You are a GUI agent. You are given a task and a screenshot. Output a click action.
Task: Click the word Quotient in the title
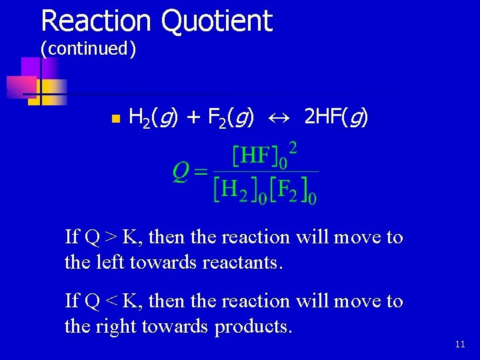[216, 21]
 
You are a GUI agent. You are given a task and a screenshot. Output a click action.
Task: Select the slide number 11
[460, 345]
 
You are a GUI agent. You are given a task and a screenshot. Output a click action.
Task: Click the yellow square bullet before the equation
[115, 119]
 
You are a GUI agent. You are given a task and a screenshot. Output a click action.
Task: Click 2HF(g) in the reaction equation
[335, 118]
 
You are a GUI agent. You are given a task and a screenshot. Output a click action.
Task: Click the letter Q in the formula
[180, 172]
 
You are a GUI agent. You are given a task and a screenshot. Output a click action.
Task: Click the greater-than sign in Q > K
[109, 237]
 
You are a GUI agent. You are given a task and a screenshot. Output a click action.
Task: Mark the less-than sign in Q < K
[109, 301]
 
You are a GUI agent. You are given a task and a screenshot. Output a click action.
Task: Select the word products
[253, 327]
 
